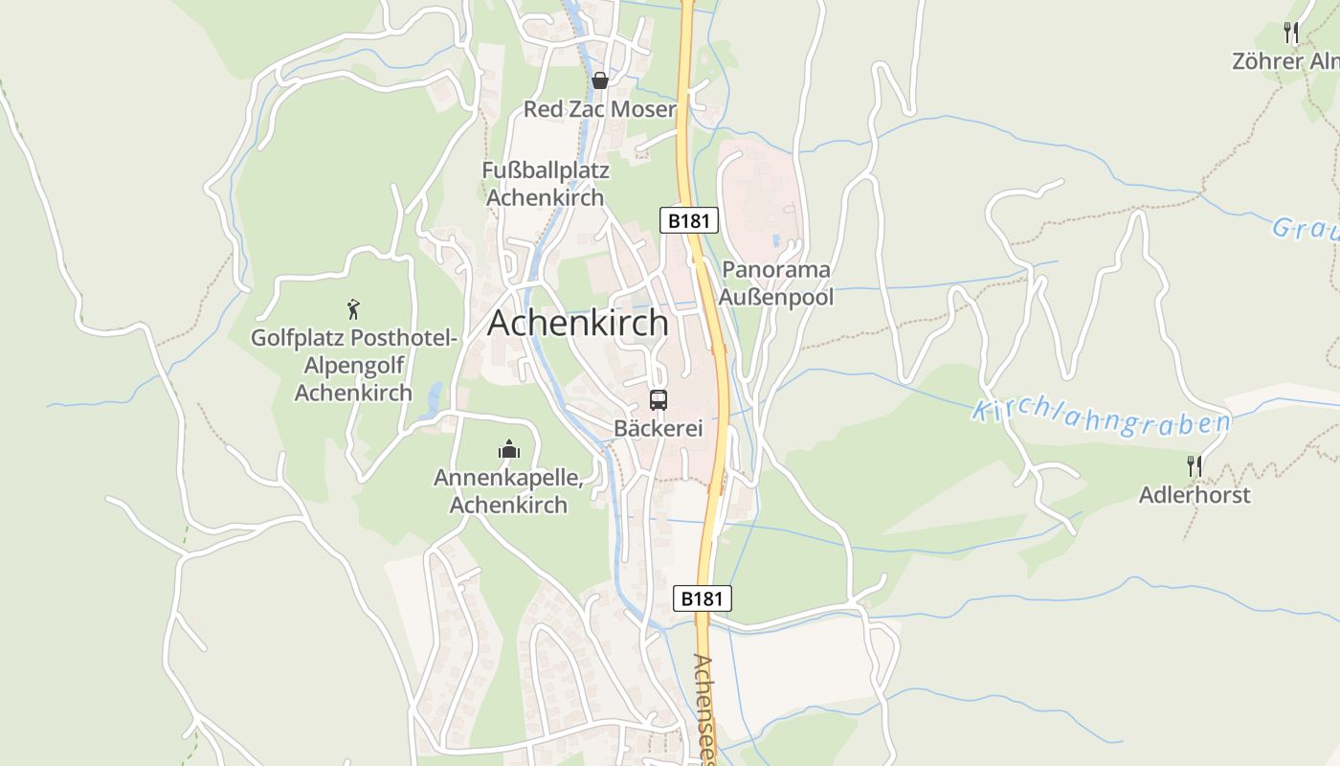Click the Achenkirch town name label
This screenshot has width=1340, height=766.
[x=578, y=324]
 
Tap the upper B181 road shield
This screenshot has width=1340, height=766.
[x=689, y=220]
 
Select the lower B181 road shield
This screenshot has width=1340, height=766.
[x=703, y=598]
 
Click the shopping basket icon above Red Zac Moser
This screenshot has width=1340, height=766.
[x=600, y=80]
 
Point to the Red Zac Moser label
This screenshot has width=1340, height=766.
[x=600, y=109]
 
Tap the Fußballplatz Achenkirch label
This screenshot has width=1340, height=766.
[x=546, y=184]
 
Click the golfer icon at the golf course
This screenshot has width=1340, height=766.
[x=353, y=309]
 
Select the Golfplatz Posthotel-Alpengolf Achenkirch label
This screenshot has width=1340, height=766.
[x=354, y=365]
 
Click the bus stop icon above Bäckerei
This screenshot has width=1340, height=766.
[x=659, y=400]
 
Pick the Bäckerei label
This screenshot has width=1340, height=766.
[x=659, y=428]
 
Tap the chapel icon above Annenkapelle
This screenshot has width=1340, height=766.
[x=509, y=449]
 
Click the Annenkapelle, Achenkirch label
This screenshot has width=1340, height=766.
[x=508, y=490]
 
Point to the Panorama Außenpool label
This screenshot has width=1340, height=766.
[x=776, y=282]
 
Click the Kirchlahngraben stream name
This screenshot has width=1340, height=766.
[x=1101, y=418]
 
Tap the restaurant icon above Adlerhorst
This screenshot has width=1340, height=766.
[x=1195, y=466]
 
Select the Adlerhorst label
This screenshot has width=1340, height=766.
[x=1195, y=495]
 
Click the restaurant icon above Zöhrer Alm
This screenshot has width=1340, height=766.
[x=1291, y=33]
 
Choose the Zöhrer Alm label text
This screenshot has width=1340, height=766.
[x=1285, y=61]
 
